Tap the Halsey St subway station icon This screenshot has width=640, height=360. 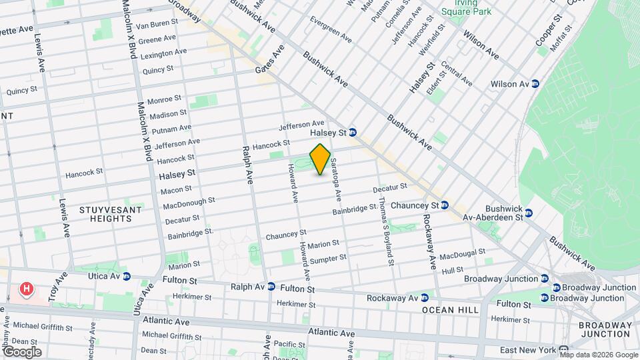click(x=353, y=133)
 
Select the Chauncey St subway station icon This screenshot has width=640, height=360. click(x=445, y=205)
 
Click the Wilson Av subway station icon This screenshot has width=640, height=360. click(x=535, y=84)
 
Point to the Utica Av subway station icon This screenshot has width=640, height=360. click(x=127, y=276)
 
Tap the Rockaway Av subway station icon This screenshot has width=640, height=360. click(x=423, y=297)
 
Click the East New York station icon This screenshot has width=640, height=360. click(x=563, y=350)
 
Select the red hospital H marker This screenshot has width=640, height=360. click(x=26, y=289)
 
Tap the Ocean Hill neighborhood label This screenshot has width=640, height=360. click(x=447, y=310)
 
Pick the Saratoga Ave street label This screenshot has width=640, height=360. click(x=335, y=180)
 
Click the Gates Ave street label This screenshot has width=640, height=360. click(x=270, y=60)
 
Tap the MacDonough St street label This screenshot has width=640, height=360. click(x=189, y=202)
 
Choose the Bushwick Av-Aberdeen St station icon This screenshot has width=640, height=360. click(x=529, y=213)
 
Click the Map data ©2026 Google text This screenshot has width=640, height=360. click(x=598, y=355)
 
